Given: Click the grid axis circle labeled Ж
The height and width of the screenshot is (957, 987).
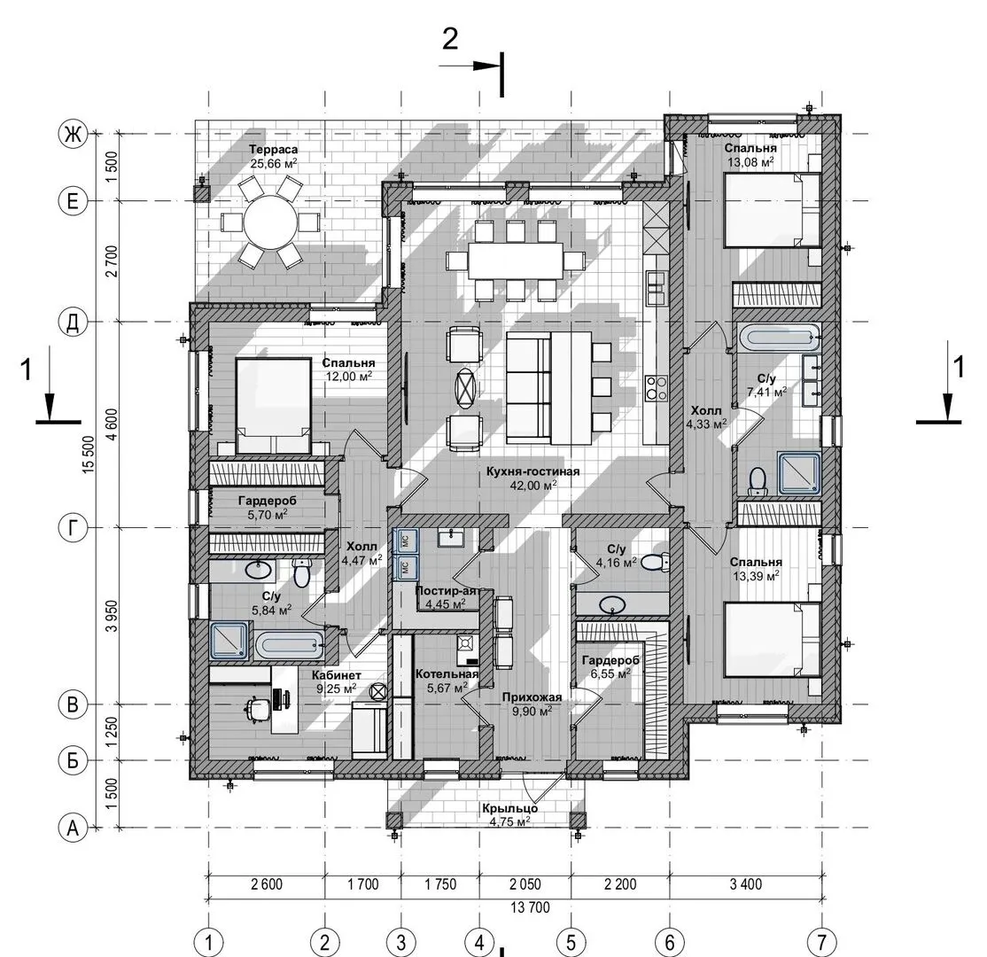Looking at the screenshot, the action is pos(73,134).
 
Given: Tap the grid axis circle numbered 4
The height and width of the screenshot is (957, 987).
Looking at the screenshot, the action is pos(479,943).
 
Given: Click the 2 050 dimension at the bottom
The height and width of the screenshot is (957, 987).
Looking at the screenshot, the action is pos(525,884).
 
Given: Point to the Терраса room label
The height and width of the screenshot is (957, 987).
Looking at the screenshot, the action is pos(273,150).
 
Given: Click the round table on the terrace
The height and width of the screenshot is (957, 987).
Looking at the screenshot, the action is pos(269,222).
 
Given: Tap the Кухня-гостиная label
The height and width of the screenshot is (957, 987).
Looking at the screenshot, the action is pos(532,471).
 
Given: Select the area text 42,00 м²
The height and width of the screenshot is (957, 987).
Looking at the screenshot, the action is pos(533,486).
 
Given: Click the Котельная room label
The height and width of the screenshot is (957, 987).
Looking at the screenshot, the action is pos(447,674).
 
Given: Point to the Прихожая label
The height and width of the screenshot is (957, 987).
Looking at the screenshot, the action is pos(532,697).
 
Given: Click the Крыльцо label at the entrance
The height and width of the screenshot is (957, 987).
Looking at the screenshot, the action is pos(509,808).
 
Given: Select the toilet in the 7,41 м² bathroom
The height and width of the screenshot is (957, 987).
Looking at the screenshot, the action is pos(758,481).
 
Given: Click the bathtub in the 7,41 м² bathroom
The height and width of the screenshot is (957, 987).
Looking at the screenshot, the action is pos(780,338).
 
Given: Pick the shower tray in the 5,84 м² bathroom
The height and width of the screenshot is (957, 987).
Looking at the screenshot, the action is pos(230,641).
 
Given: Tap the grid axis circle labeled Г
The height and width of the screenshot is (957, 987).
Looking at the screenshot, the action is pos(73,527).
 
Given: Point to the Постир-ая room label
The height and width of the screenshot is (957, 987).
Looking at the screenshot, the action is pos(447,591).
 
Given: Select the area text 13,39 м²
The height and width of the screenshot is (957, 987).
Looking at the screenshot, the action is pos(756,575).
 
